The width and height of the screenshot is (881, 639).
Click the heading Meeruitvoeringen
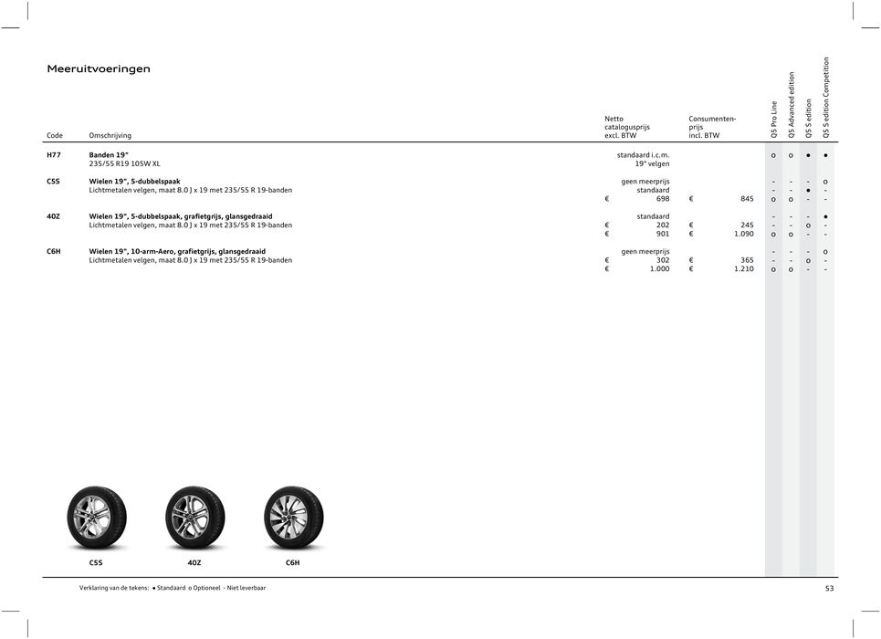(x=99, y=68)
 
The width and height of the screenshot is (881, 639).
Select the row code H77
(x=55, y=155)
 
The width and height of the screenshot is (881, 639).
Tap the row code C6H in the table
(x=55, y=251)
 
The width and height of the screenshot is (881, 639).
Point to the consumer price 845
(x=745, y=200)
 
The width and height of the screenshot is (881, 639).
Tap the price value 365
(x=746, y=260)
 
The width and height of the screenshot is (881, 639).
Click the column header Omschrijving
(x=110, y=136)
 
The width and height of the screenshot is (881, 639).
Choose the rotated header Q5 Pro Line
(x=774, y=120)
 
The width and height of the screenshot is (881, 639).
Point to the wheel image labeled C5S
(x=96, y=517)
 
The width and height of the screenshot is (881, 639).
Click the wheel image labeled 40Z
(x=194, y=517)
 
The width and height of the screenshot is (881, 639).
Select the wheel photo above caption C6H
(x=293, y=517)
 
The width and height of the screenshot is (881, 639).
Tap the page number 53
(x=829, y=589)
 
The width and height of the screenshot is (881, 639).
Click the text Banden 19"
(x=108, y=155)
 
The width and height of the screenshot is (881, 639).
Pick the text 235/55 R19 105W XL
(x=124, y=164)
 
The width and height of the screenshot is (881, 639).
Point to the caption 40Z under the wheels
(x=194, y=563)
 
